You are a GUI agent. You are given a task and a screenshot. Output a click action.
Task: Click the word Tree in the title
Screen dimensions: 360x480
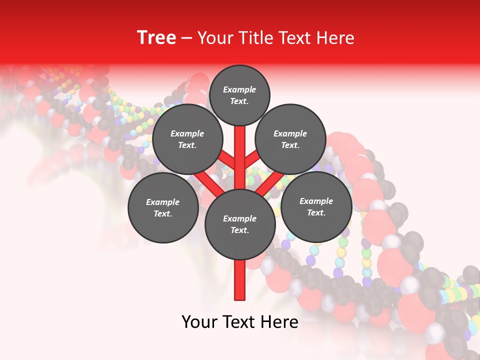[156, 37]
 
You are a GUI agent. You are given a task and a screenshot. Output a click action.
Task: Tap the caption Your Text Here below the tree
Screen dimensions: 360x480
[240, 322]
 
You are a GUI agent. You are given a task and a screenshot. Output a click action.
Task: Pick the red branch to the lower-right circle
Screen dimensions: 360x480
[270, 183]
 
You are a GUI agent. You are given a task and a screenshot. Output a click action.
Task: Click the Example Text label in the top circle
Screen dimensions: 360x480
[239, 95]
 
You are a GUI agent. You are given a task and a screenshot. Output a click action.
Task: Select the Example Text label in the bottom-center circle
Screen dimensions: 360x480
[240, 224]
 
